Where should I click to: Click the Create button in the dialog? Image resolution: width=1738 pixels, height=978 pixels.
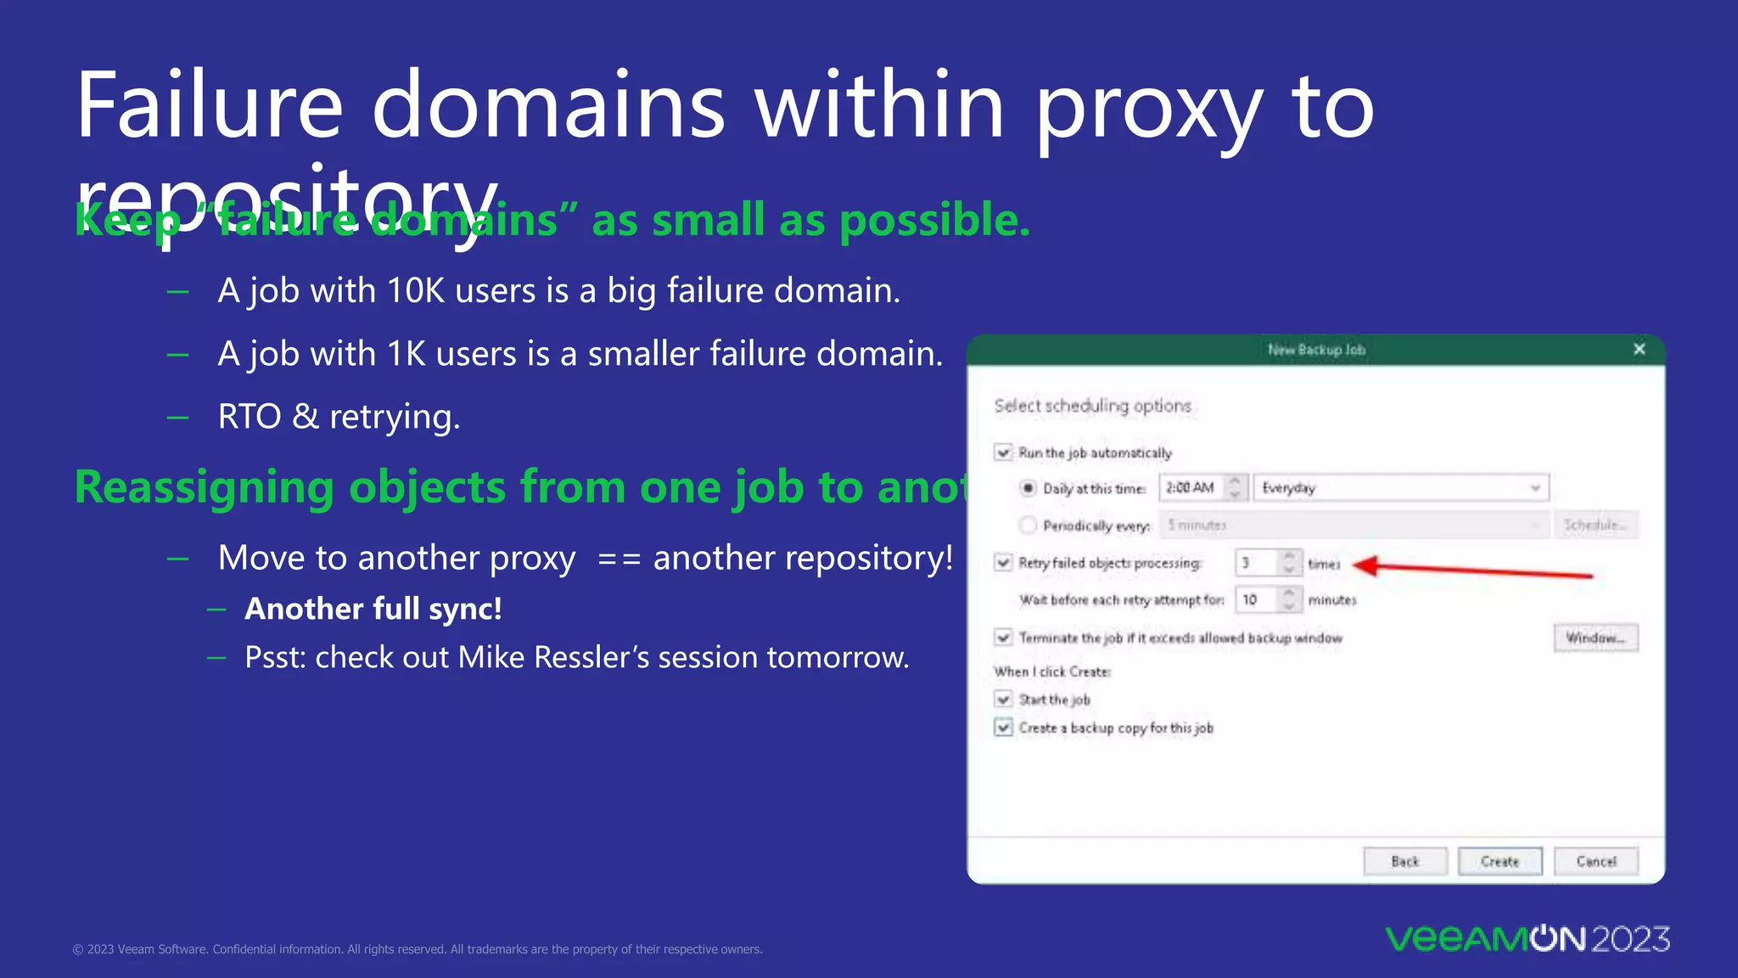(1500, 861)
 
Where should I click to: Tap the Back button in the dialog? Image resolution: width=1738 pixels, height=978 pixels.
(1404, 861)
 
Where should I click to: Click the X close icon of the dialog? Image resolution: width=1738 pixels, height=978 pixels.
(1639, 349)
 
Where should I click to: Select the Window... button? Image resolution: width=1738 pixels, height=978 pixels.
(1595, 638)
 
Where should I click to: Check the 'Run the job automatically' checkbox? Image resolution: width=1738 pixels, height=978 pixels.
(1004, 452)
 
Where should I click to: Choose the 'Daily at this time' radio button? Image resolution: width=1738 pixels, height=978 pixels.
(1029, 488)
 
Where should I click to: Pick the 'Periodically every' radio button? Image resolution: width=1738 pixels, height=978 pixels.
(1029, 526)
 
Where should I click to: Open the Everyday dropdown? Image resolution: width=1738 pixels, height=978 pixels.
(1400, 488)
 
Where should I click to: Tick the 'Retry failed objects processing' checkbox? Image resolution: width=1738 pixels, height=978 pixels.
(1004, 563)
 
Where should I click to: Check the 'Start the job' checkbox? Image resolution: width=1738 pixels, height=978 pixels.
(1004, 700)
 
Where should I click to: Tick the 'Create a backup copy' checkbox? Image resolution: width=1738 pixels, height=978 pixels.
(1004, 728)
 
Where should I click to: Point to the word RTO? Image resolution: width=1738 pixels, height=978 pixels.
(249, 417)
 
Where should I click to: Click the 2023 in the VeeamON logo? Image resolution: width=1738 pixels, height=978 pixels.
(1630, 939)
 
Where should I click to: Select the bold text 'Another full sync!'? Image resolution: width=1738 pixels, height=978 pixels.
(373, 610)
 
